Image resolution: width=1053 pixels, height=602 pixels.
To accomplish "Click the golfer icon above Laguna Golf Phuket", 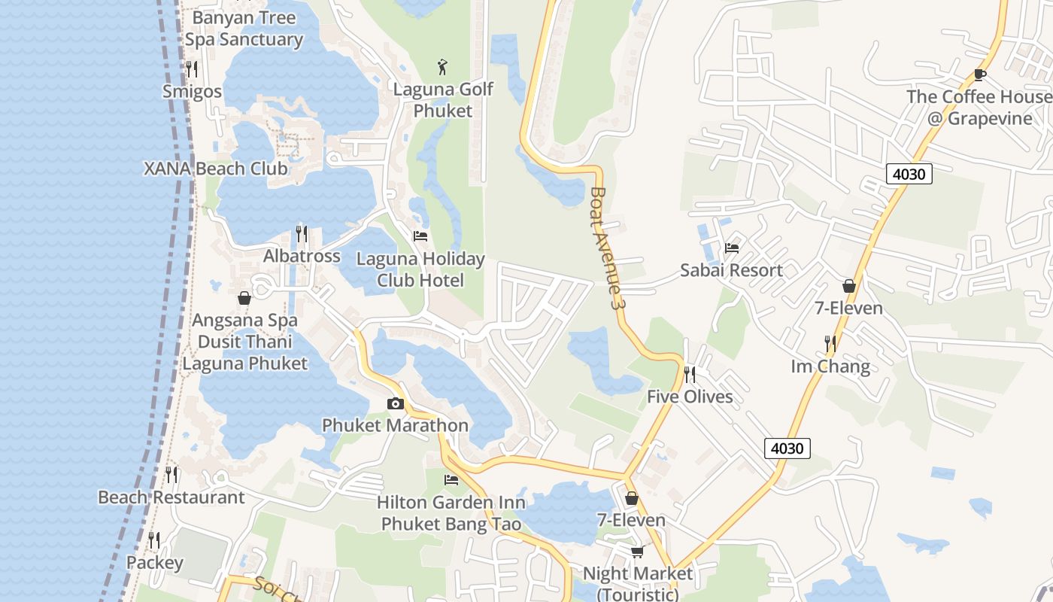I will [443, 66].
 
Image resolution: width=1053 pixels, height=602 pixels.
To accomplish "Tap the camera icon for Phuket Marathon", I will [395, 404].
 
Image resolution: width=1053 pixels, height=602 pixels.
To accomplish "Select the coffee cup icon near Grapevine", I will [979, 74].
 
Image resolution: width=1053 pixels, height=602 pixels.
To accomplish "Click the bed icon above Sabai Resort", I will [731, 248].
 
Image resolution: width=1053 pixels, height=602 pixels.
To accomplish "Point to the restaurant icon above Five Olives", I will [689, 374].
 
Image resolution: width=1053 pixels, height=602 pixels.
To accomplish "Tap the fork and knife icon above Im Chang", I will [830, 344].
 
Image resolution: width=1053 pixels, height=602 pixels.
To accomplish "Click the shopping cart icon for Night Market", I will [637, 552].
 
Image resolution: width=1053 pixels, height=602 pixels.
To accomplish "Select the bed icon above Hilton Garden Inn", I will [451, 480].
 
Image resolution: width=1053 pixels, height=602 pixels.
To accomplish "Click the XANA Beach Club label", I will [216, 168].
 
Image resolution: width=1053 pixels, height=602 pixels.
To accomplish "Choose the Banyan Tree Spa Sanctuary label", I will [244, 29].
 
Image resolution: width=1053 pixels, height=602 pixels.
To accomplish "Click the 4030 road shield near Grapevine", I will [909, 174].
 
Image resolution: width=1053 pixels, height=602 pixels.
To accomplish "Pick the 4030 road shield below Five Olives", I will [787, 448].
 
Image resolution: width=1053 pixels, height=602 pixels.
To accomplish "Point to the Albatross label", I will [302, 256].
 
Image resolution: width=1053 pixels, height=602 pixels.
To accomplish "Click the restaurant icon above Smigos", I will [192, 69].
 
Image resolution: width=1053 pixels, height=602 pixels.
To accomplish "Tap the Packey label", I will [154, 563].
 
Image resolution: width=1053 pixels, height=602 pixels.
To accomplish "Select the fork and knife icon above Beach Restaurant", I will [171, 475].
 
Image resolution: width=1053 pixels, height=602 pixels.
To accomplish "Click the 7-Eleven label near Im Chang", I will [849, 308].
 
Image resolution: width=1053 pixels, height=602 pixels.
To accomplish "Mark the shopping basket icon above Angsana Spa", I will [244, 298].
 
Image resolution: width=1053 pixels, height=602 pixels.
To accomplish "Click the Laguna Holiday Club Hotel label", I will [420, 269].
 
